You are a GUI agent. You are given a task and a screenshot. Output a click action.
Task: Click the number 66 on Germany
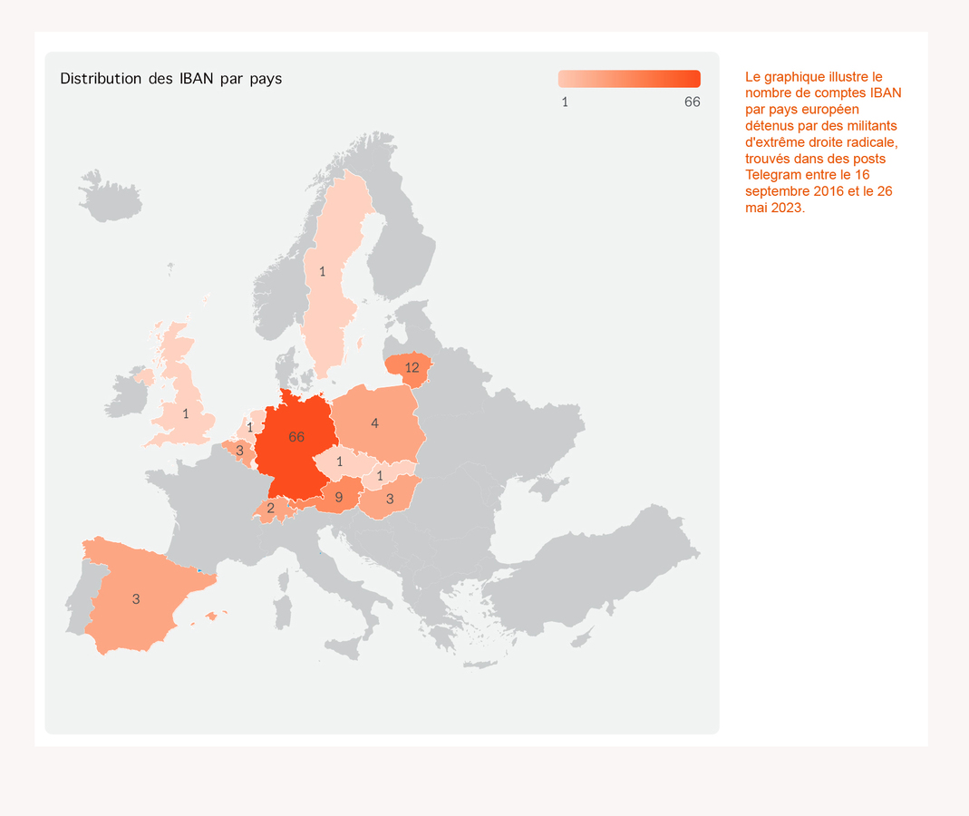(296, 437)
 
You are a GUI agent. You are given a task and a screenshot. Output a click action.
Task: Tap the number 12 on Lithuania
(412, 368)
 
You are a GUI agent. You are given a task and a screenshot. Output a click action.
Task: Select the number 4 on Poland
(374, 423)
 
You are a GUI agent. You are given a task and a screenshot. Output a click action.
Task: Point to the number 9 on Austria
(338, 498)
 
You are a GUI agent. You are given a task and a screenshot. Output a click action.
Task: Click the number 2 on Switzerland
(270, 509)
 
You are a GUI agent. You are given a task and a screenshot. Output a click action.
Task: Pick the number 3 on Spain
(136, 599)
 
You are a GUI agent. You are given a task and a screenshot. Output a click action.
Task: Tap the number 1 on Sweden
(322, 272)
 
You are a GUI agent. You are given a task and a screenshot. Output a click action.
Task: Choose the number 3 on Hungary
(390, 500)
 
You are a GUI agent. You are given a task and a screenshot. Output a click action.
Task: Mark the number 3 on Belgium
(239, 451)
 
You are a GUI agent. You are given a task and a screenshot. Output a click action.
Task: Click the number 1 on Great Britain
(186, 414)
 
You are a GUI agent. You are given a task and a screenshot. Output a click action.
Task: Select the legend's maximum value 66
(692, 102)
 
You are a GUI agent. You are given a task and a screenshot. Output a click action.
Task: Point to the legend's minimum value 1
(565, 102)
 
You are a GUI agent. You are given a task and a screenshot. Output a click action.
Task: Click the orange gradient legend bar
(629, 79)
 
